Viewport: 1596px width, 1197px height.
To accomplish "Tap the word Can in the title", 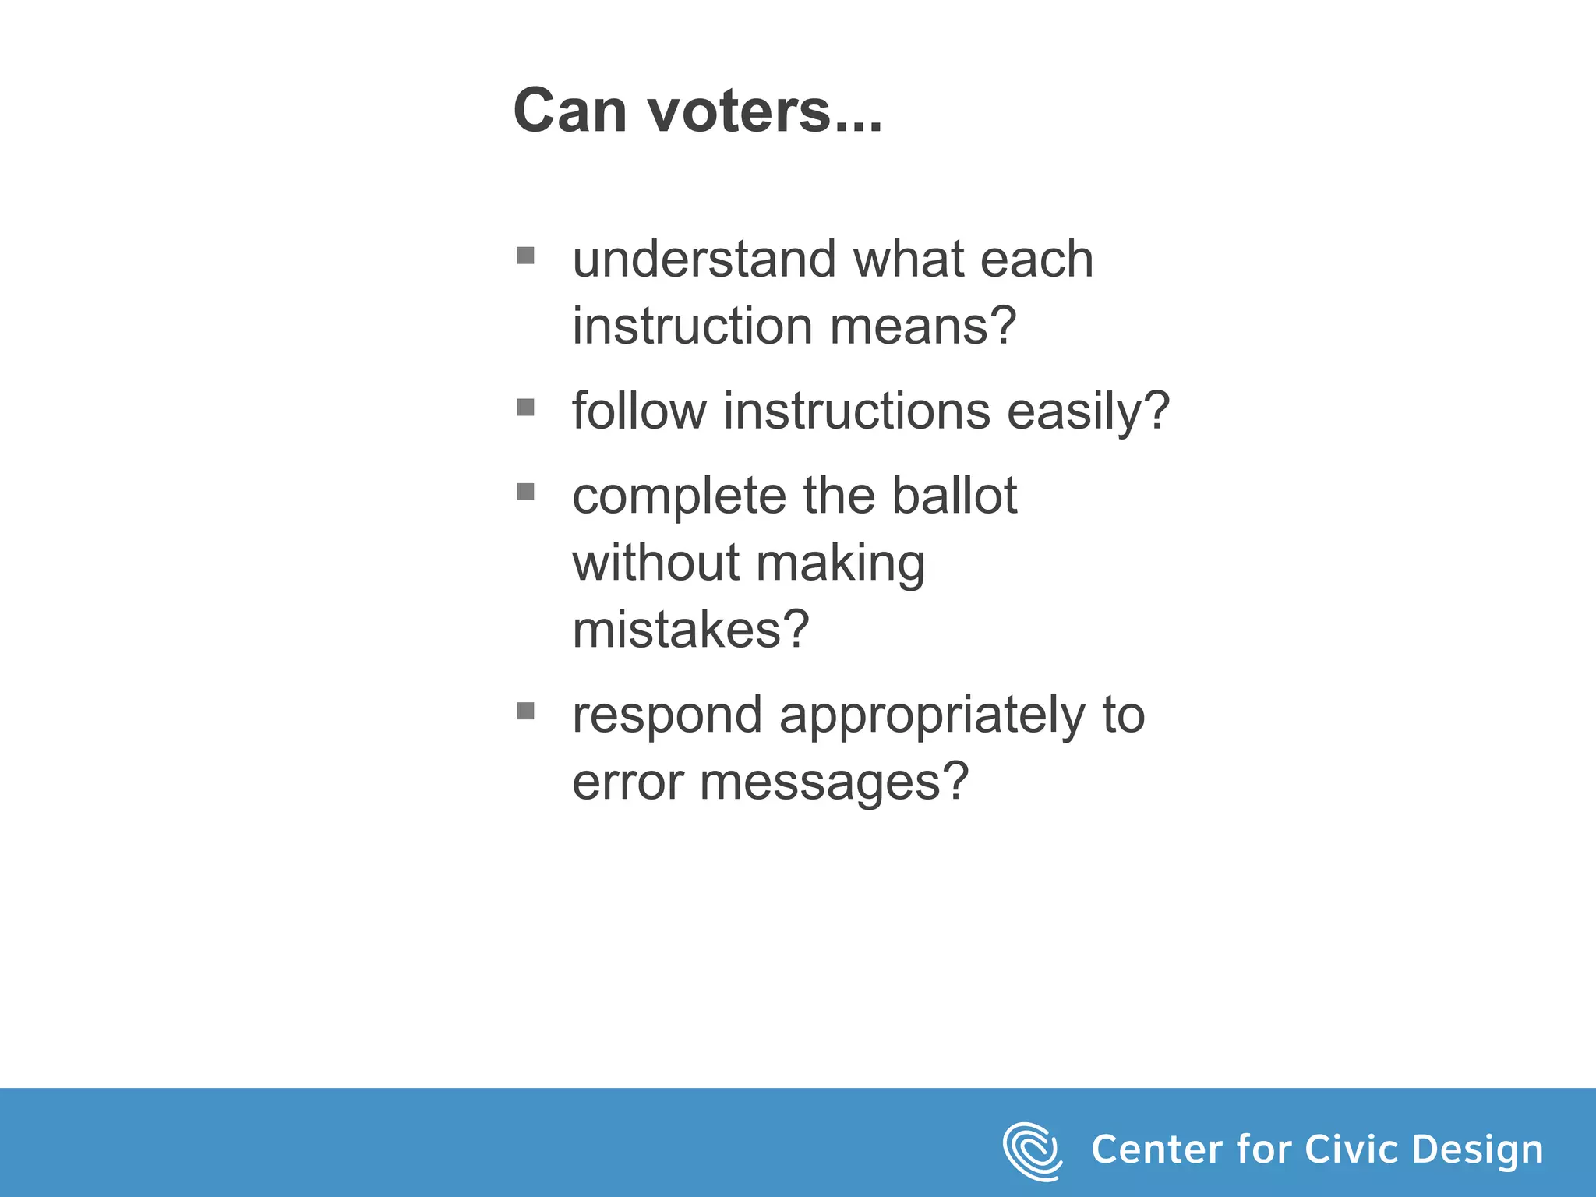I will click(x=570, y=111).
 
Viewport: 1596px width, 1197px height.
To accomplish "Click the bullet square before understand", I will click(x=525, y=256).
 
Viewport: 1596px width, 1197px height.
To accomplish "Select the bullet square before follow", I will click(x=525, y=408).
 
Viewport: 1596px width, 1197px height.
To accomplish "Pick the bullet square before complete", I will click(x=525, y=492).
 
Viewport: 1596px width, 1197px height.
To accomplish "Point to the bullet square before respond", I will click(x=525, y=711).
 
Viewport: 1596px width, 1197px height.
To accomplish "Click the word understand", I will click(x=704, y=260).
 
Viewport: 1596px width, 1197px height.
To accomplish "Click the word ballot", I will click(x=954, y=496).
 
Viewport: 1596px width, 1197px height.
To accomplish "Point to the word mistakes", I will click(x=690, y=630).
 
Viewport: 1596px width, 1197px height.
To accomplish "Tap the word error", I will click(x=627, y=782).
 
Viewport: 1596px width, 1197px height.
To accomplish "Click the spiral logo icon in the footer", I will click(x=1032, y=1151).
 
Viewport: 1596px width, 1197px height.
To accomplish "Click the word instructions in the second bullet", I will click(x=856, y=411).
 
